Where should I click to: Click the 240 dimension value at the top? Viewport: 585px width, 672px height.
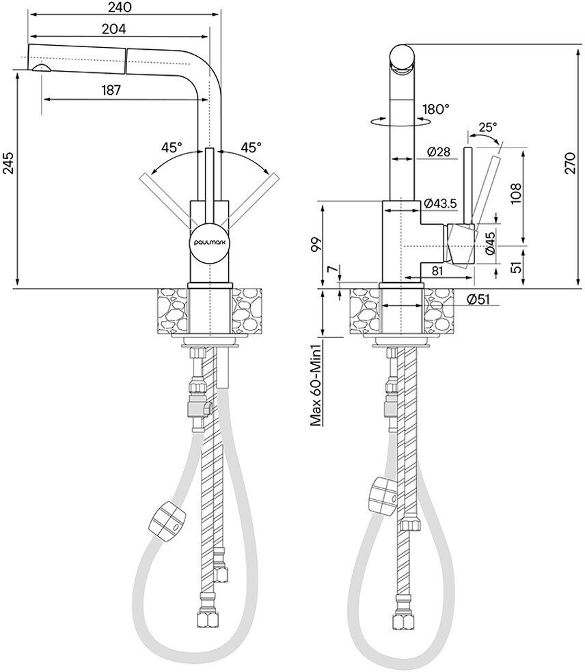coord(119,8)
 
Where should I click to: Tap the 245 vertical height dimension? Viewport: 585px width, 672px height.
coord(8,164)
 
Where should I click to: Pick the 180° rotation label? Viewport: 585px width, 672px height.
coord(436,108)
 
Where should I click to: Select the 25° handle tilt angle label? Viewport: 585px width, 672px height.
coord(487,127)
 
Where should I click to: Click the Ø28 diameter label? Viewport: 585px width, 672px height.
coord(437,152)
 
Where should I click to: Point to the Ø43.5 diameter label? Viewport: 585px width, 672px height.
coord(440,204)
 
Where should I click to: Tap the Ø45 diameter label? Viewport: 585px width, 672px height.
coord(491,244)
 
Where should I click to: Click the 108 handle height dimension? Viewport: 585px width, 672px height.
coord(515,194)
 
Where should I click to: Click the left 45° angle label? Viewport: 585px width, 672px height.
coord(172,147)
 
